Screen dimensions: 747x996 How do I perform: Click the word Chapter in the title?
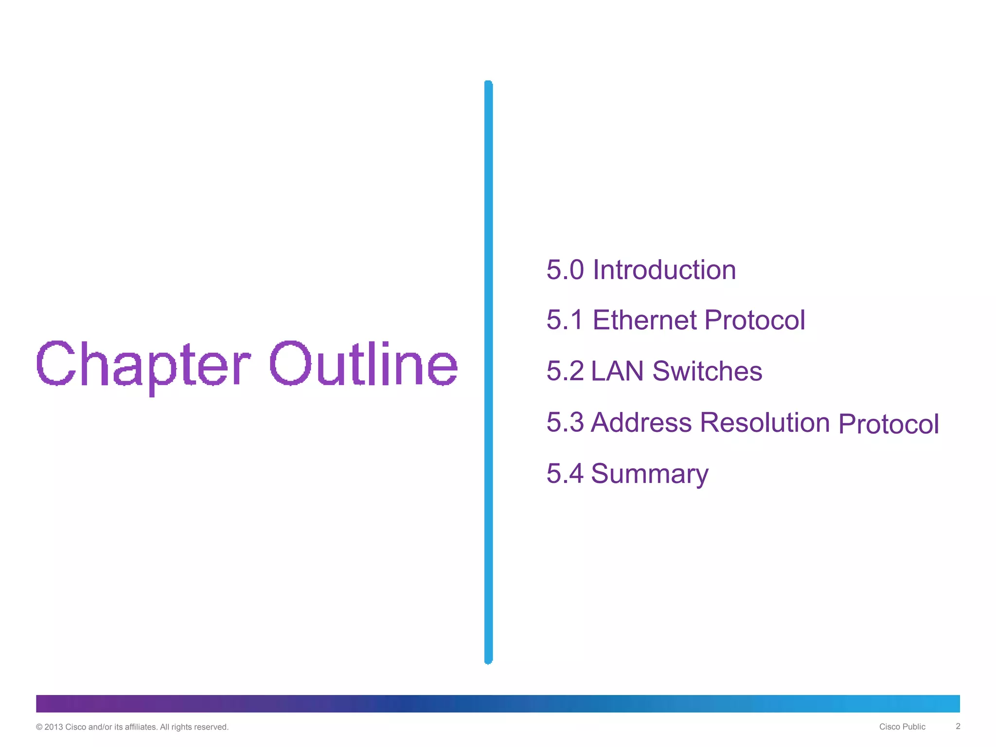coord(143,365)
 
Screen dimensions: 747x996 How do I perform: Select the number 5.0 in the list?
coord(565,270)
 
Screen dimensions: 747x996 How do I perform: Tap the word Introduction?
coord(664,270)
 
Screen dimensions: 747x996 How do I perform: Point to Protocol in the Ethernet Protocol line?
coord(754,320)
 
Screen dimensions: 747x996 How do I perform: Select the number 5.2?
coord(565,371)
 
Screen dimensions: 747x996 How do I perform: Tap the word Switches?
coord(707,371)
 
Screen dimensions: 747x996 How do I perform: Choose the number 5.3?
coord(565,422)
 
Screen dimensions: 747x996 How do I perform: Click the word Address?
coord(641,422)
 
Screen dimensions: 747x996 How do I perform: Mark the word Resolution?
coord(765,422)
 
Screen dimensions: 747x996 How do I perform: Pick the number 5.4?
coord(565,473)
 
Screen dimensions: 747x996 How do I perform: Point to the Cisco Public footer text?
coord(902,727)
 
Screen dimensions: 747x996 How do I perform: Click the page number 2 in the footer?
coord(958,726)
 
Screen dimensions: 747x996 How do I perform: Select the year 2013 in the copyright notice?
coord(53,727)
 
